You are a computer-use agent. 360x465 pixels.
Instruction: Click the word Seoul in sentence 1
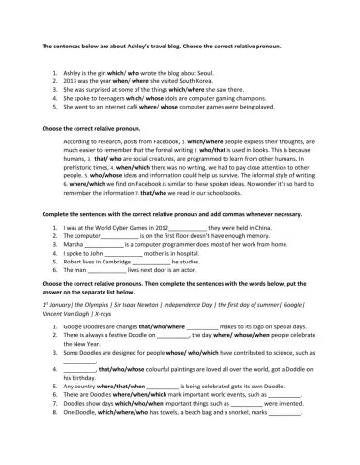tap(204, 72)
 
